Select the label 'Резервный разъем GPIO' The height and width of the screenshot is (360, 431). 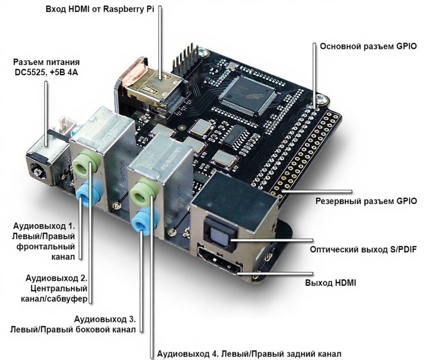tap(366, 201)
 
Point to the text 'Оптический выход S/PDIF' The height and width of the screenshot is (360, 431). tap(363, 249)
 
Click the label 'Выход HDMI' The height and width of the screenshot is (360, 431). tap(330, 282)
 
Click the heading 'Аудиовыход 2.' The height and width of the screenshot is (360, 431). tap(56, 278)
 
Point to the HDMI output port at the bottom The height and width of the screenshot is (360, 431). tap(219, 261)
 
